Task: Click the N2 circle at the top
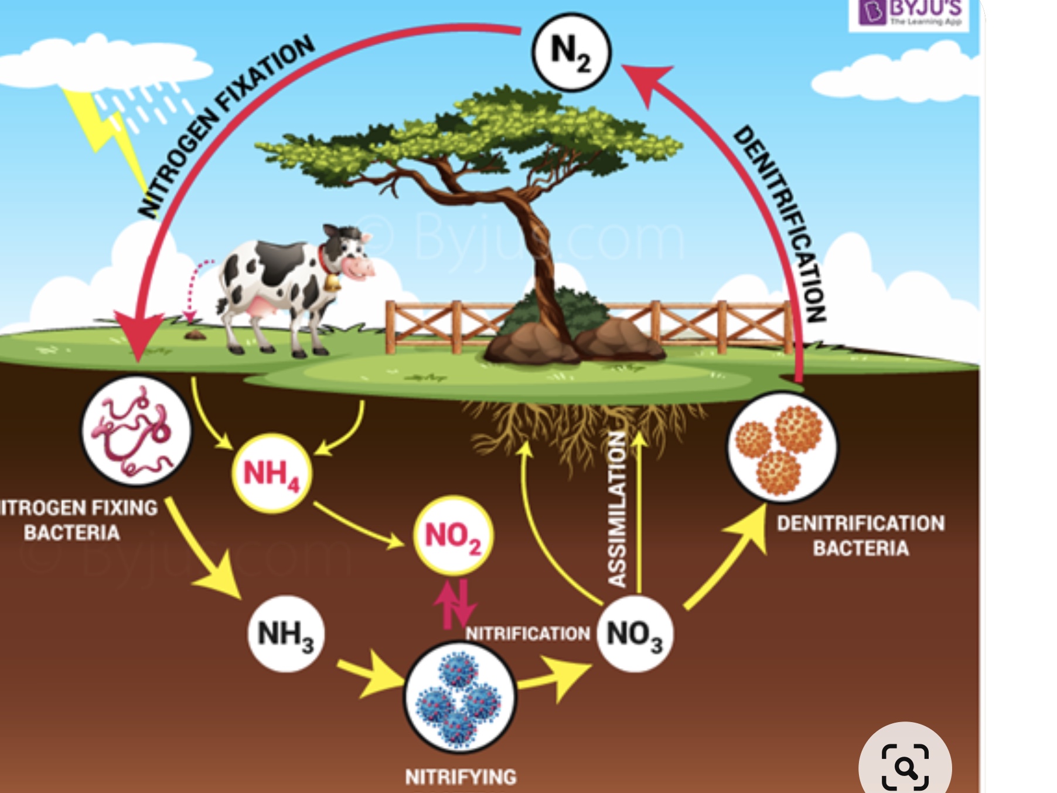click(x=571, y=52)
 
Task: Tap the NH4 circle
click(x=271, y=473)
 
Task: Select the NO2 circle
click(x=453, y=536)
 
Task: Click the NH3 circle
click(x=285, y=634)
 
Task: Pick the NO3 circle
click(x=635, y=634)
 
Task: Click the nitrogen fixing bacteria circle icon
click(x=137, y=431)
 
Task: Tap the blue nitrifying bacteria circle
click(x=460, y=697)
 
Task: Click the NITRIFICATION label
click(x=527, y=634)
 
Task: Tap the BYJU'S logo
click(x=908, y=13)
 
